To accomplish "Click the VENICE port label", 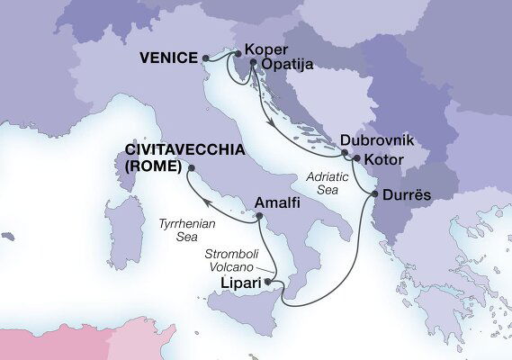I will (x=168, y=58).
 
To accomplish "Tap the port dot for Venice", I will (x=205, y=59).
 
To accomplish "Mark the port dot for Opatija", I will (x=253, y=65).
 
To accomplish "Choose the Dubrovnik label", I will (x=377, y=141).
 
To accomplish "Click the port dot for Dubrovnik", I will (x=345, y=153).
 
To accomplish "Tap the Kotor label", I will (x=384, y=160).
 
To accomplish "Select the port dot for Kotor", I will (x=356, y=160).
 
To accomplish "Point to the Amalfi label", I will (x=280, y=203).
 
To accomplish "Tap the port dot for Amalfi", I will (x=259, y=215).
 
